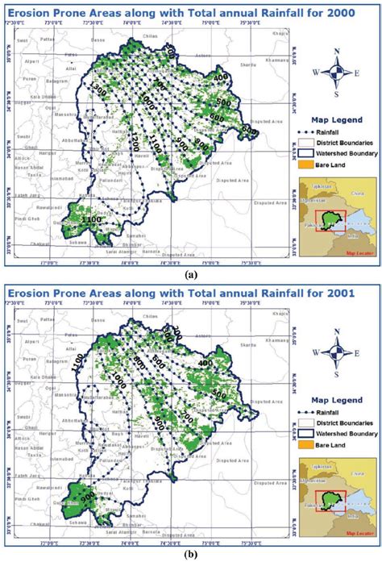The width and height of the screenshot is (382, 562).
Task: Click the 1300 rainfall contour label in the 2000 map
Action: [x=99, y=88]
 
